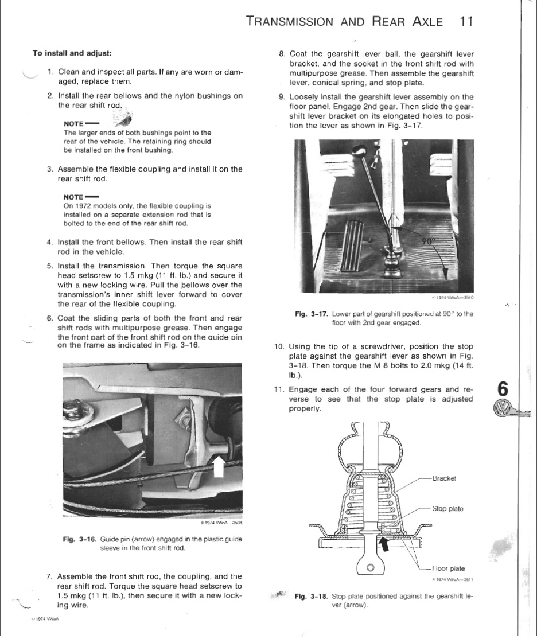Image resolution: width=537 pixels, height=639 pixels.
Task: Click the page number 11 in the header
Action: coord(466,22)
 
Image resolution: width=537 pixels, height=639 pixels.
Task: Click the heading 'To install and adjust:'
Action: coord(72,53)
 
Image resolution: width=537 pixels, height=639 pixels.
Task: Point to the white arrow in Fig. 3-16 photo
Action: coord(219,465)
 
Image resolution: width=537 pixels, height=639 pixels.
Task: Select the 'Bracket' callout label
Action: coord(444,479)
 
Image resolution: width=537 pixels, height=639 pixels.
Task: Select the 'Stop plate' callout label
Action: coord(447,509)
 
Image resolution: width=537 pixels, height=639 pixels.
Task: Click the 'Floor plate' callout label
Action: coord(449,568)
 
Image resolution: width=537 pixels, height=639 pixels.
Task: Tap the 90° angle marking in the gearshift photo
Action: coord(430,241)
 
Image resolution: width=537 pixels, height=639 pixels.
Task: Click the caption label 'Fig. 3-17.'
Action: coord(311,314)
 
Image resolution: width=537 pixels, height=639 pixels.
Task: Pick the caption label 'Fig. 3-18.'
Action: coord(311,597)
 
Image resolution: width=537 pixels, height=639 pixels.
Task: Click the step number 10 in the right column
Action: coord(279,346)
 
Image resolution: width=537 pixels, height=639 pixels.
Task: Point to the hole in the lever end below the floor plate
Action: coord(370,568)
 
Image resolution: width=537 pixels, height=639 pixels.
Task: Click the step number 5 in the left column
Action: coord(50,266)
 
